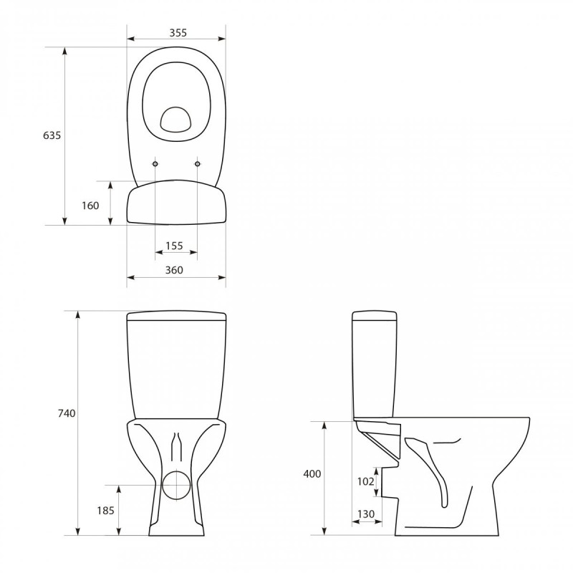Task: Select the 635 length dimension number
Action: tap(52, 135)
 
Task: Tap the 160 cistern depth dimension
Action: tap(90, 206)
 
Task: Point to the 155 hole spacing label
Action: tap(174, 246)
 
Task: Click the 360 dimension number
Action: tap(174, 270)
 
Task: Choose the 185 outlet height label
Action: tap(105, 511)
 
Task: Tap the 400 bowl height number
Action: tap(312, 474)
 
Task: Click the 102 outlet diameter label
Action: tap(365, 481)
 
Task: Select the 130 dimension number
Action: tap(365, 514)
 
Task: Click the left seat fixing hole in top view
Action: tap(155, 164)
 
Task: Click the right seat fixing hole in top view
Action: tap(198, 164)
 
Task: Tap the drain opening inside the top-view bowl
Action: tap(175, 120)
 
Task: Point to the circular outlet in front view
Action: tap(175, 484)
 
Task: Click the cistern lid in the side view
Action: tap(375, 317)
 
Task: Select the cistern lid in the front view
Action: tap(176, 317)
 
